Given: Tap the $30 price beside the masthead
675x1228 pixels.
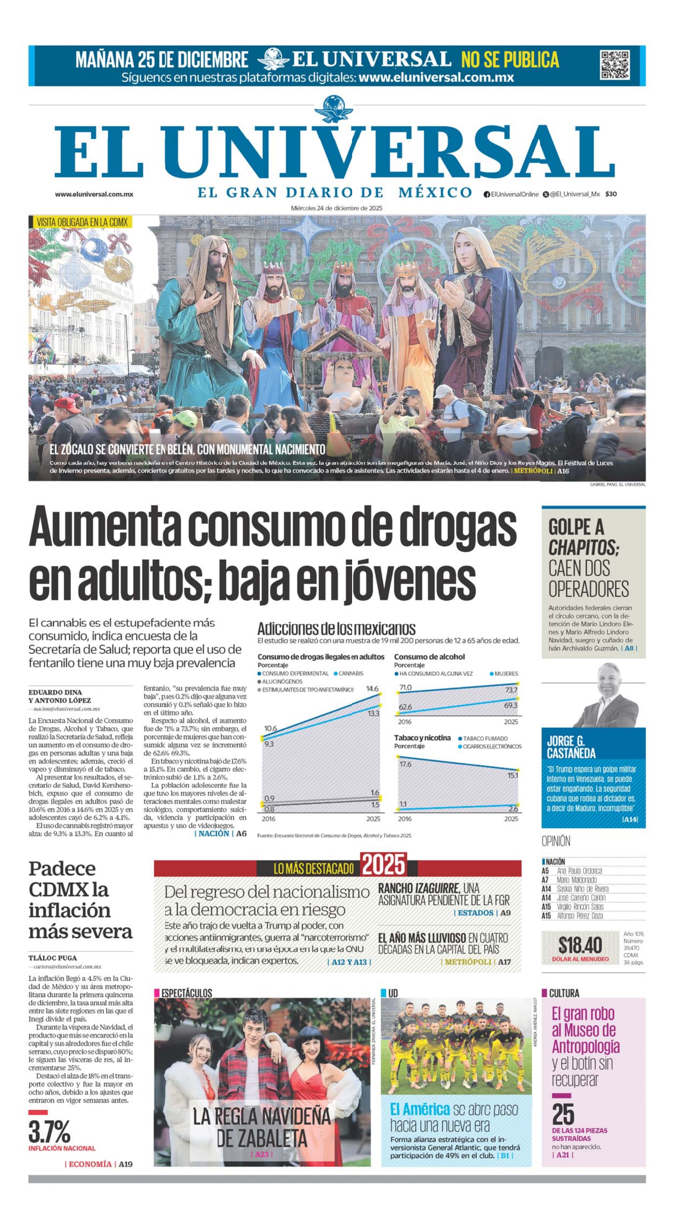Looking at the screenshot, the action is (611, 194).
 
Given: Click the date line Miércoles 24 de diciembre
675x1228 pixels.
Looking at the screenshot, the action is (337, 208).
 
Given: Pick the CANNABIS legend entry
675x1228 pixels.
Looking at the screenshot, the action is (350, 674).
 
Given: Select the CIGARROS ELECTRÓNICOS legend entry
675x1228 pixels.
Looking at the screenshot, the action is (492, 747).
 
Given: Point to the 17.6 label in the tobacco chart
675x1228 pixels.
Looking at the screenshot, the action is (405, 764).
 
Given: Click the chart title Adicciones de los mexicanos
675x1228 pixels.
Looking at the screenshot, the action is (336, 628).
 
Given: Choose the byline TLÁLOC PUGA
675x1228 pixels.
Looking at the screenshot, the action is (53, 958).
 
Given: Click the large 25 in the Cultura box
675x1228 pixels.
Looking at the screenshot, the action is (563, 1114).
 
